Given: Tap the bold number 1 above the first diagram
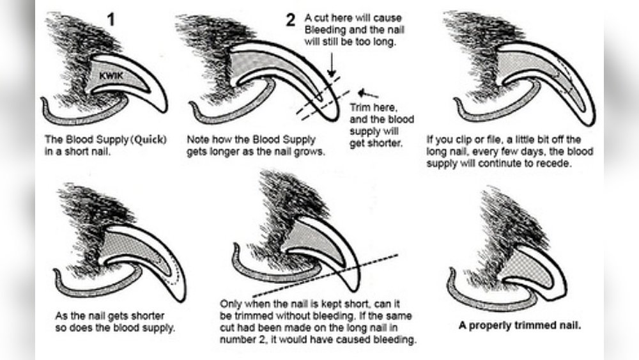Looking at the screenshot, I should pyautogui.click(x=111, y=19).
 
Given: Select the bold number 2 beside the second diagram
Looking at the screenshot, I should pyautogui.click(x=291, y=20).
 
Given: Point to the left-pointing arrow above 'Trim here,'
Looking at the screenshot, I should pyautogui.click(x=369, y=95).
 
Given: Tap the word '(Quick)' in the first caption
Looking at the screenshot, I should pyautogui.click(x=149, y=141).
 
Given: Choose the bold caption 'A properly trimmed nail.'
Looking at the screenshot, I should pyautogui.click(x=520, y=324).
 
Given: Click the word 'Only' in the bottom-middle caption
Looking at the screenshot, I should pyautogui.click(x=231, y=304).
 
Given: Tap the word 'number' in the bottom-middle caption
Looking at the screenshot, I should pyautogui.click(x=236, y=340).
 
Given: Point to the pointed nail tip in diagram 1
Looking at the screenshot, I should pyautogui.click(x=162, y=108).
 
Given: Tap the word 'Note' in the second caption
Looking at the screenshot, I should pyautogui.click(x=197, y=140).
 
